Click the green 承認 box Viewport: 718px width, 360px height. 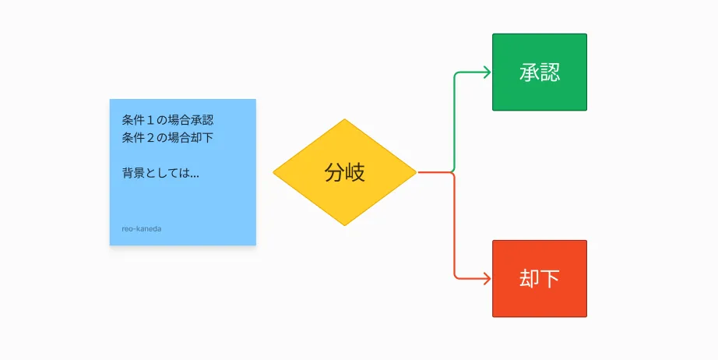tap(540, 72)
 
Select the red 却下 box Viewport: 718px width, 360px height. tap(540, 278)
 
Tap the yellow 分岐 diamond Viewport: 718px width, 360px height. tap(345, 172)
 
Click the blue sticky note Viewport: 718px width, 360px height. tap(183, 172)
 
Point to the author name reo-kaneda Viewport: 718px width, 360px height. tap(142, 228)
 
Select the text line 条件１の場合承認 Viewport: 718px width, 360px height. tap(167, 120)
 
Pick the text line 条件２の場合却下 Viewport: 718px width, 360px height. tap(167, 137)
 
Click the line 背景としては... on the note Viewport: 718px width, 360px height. tap(160, 173)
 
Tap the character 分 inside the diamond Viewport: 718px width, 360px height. tap(334, 173)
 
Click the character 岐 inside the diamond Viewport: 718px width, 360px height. tap(355, 173)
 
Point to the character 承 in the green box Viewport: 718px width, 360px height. tap(530, 72)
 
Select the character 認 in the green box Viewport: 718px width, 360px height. tap(550, 72)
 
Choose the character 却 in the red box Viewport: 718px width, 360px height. tap(530, 278)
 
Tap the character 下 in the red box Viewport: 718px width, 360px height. tap(550, 278)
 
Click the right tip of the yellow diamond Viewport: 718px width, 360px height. tap(417, 172)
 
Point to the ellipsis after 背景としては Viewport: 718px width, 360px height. tap(195, 176)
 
